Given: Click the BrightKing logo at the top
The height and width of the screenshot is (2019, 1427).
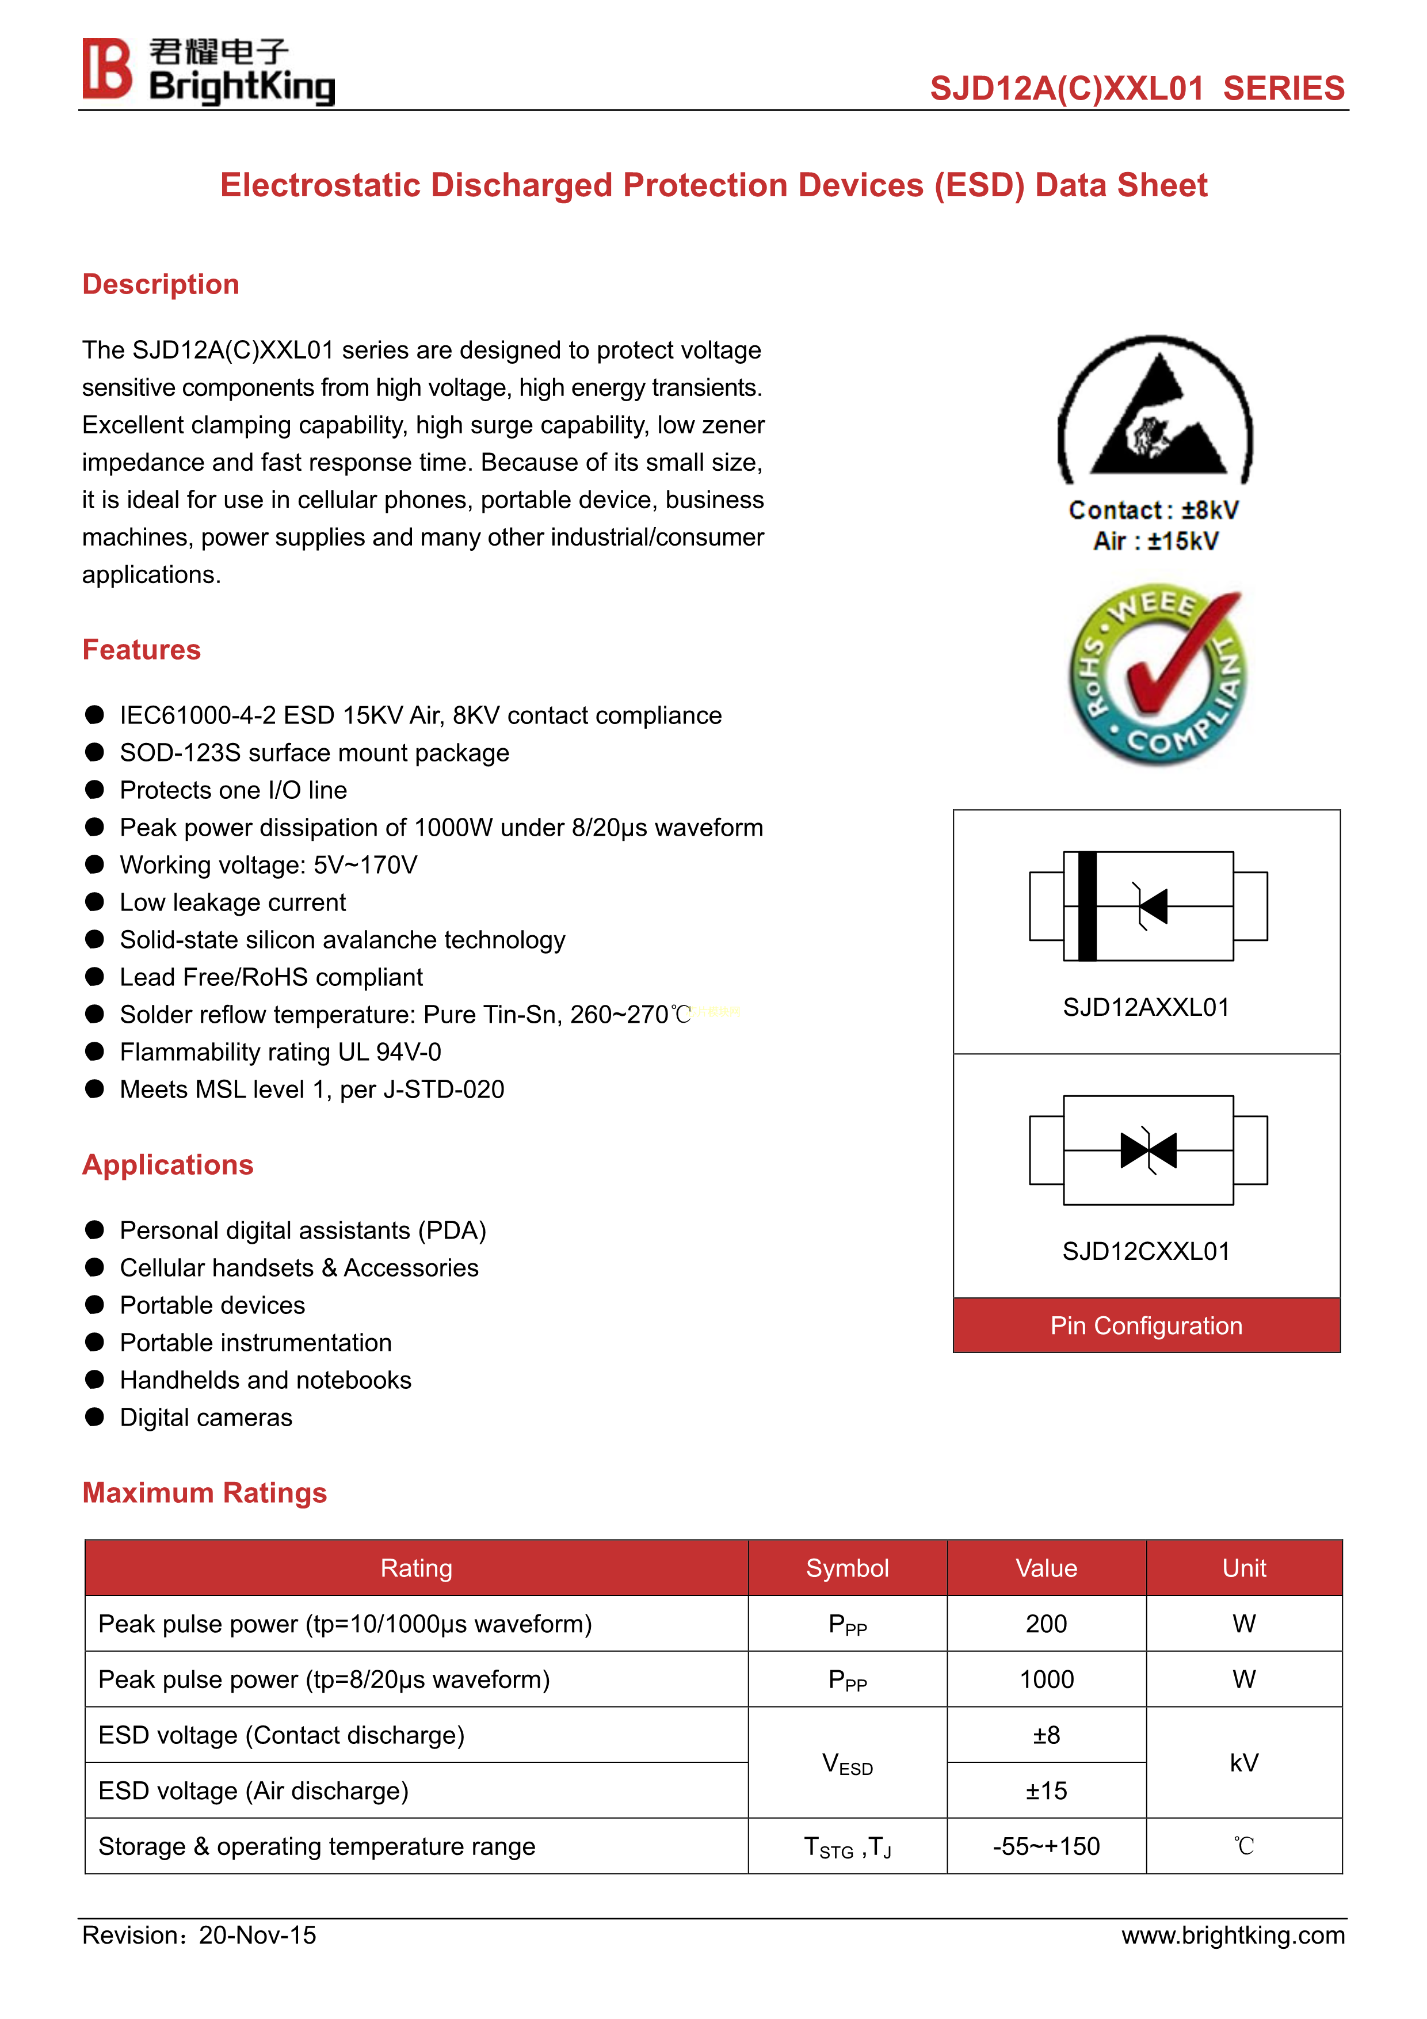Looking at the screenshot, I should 208,70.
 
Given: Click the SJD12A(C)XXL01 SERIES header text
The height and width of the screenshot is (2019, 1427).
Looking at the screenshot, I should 1137,89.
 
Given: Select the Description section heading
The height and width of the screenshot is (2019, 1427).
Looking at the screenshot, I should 161,284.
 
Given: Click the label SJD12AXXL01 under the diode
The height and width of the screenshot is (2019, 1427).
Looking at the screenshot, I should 1146,1008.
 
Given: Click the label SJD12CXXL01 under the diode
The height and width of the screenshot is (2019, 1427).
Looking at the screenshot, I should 1146,1251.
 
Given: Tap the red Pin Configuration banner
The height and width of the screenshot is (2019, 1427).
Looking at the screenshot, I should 1146,1325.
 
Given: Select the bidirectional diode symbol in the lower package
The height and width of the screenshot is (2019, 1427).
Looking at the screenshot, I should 1149,1150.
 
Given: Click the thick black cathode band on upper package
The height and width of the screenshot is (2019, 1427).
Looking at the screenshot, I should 1088,906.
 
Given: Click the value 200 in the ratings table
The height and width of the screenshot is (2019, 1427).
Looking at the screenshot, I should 1046,1623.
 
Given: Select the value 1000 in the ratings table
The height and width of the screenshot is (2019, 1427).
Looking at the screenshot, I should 1046,1679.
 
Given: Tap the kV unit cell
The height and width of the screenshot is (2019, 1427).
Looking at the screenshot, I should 1244,1762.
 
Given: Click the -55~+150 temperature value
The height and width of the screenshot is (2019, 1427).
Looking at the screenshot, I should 1046,1846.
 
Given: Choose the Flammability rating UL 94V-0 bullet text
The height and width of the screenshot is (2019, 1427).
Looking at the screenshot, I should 280,1052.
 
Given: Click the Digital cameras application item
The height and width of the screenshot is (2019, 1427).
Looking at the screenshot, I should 206,1418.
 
